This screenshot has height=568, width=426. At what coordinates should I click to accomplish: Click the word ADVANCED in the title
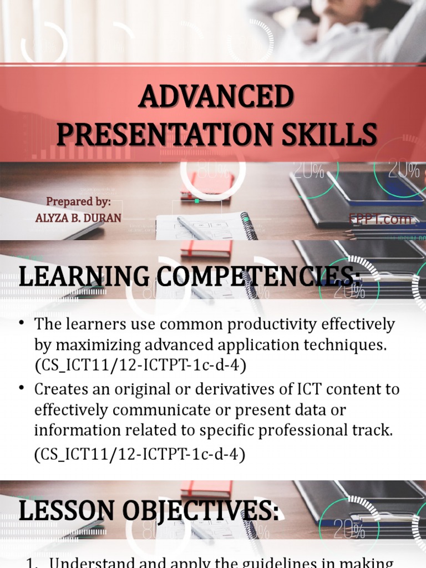216,98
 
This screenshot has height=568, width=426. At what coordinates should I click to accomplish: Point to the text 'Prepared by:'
78,201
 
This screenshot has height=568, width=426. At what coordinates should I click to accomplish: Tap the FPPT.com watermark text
381,220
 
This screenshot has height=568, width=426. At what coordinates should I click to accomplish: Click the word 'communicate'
151,410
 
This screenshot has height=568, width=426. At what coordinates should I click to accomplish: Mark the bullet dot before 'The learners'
23,324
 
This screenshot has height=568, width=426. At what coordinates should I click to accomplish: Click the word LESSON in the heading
67,511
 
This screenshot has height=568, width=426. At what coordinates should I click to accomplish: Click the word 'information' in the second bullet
75,430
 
